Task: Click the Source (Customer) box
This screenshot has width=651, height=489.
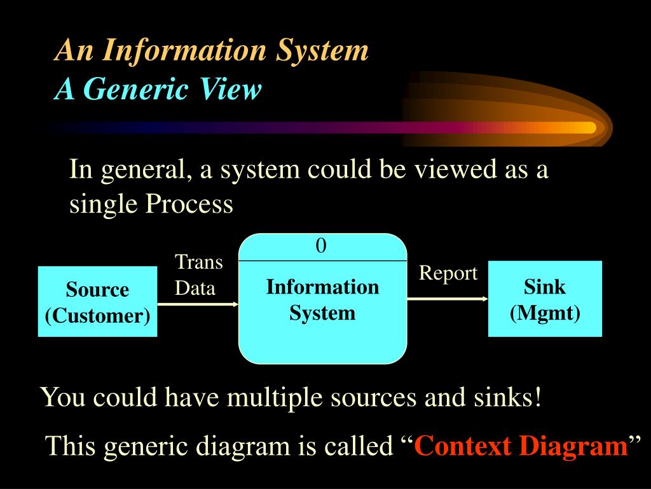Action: click(x=97, y=302)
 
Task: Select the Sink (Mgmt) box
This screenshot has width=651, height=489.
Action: click(x=545, y=299)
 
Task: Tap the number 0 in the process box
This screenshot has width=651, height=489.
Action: click(x=321, y=246)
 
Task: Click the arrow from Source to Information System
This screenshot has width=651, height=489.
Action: click(x=197, y=304)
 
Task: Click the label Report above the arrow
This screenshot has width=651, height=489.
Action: click(x=448, y=273)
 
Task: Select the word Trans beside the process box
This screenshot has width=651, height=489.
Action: click(x=198, y=262)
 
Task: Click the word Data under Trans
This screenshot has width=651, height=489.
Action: click(x=195, y=288)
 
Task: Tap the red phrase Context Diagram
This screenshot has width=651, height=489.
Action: click(x=521, y=446)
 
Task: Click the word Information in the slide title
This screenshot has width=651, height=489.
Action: click(x=186, y=50)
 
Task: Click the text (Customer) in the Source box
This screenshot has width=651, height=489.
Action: click(x=97, y=315)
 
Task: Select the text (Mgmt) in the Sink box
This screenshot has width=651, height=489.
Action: click(x=545, y=313)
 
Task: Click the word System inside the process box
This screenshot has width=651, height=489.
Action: click(x=322, y=313)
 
